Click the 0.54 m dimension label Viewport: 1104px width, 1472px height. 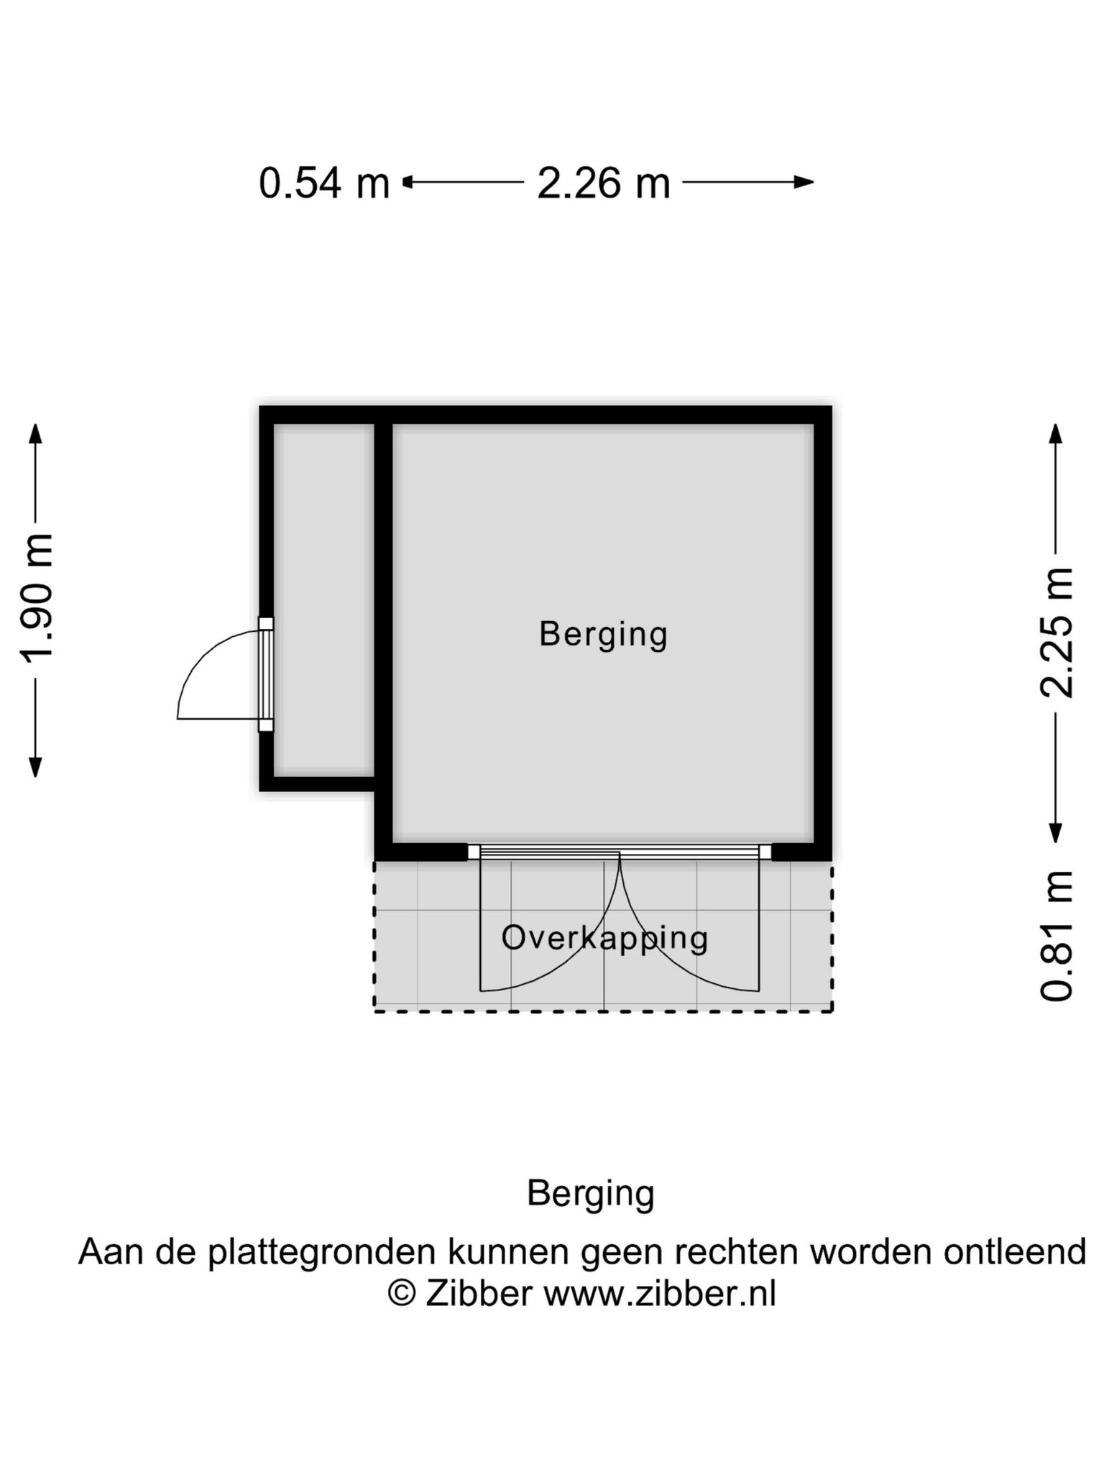click(x=324, y=183)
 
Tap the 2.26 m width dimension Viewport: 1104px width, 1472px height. click(x=604, y=183)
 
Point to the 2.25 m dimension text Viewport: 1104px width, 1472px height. click(x=1057, y=632)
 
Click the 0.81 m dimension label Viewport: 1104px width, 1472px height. click(x=1057, y=936)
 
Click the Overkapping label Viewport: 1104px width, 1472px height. click(x=604, y=939)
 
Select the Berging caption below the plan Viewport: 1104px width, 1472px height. click(x=591, y=1194)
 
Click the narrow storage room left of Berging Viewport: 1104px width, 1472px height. click(x=324, y=600)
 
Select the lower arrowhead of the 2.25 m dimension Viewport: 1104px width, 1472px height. click(x=1055, y=832)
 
